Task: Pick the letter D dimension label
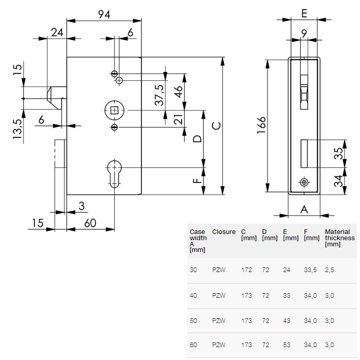click(x=196, y=139)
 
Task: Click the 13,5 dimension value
click(x=17, y=129)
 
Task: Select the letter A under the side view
click(x=303, y=209)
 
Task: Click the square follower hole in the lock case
click(x=114, y=110)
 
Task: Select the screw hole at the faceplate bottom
click(x=304, y=183)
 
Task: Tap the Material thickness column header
click(x=339, y=238)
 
